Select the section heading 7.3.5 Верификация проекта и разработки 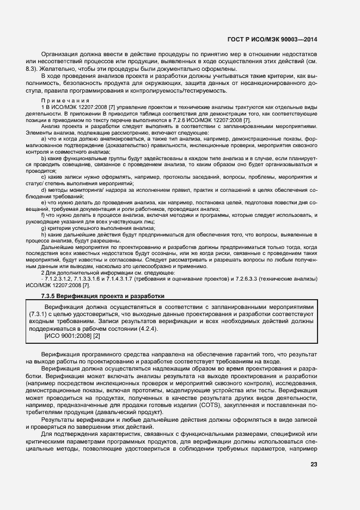tap(102, 296)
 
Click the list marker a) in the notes tap(44, 139)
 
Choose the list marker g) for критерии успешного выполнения tap(44, 228)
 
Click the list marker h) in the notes tap(44, 235)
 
